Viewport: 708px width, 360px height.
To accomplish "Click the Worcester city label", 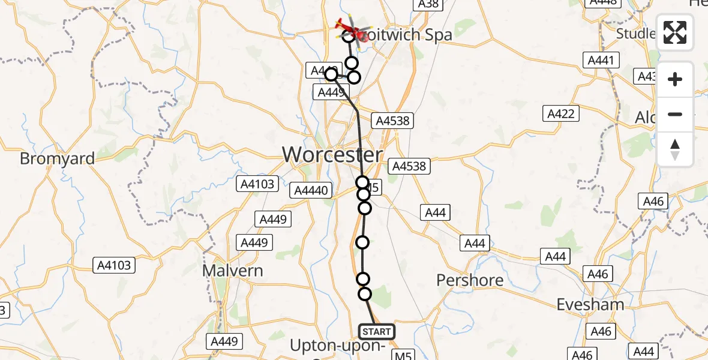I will pyautogui.click(x=332, y=155).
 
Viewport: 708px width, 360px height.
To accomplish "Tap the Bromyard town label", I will pyautogui.click(x=57, y=159).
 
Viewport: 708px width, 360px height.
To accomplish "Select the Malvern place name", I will pyautogui.click(x=232, y=271).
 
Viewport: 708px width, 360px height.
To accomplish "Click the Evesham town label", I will pyautogui.click(x=590, y=304).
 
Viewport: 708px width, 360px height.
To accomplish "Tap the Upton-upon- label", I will pyautogui.click(x=338, y=346).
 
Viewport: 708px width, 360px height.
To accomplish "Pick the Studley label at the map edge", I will pyautogui.click(x=636, y=34).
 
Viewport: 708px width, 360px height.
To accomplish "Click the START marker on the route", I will pyautogui.click(x=376, y=331).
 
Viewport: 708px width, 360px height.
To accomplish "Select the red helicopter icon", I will pyautogui.click(x=349, y=28).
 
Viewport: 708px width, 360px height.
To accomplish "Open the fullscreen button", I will pyautogui.click(x=675, y=32).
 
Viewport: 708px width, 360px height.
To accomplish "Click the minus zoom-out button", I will pyautogui.click(x=675, y=114).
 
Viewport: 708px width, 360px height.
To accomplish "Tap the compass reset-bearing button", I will pyautogui.click(x=675, y=149).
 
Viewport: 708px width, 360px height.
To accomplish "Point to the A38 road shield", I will pyautogui.click(x=428, y=4).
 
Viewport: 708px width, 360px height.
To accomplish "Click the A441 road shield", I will pyautogui.click(x=600, y=60).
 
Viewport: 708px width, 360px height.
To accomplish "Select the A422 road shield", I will pyautogui.click(x=561, y=113).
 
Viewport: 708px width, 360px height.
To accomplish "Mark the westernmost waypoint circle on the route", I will pyautogui.click(x=331, y=74).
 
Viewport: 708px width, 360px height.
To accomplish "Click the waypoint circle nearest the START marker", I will pyautogui.click(x=365, y=294).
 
